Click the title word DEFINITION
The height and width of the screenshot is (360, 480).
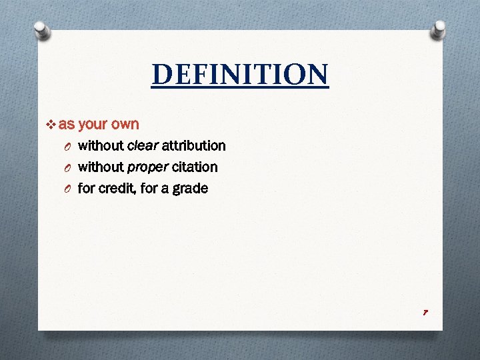coord(240,75)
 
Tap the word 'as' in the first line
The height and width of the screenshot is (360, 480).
coord(67,125)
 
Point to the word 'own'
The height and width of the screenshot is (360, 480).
coord(125,125)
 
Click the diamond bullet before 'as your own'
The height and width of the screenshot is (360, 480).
coord(53,125)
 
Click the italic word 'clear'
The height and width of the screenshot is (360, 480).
coord(142,145)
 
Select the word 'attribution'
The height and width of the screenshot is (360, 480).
coord(194,145)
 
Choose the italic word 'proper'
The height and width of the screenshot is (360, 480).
coord(147,167)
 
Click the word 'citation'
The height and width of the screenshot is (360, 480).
coord(195,167)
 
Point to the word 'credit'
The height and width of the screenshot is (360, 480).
coord(116,188)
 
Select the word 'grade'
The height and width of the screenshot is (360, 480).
coord(191,189)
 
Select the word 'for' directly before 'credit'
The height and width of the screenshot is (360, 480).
coord(87,188)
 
